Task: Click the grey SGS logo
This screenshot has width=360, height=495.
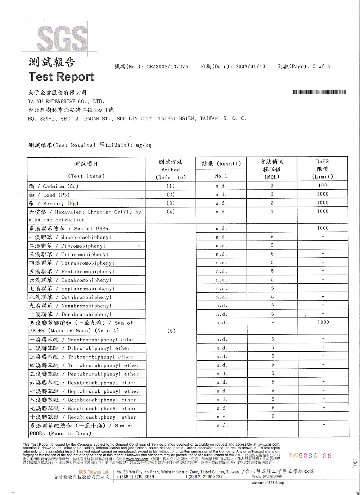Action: [62, 38]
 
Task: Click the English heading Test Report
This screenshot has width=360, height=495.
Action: [61, 77]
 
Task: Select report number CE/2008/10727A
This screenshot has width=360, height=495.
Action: [167, 67]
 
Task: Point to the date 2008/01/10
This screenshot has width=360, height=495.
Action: [250, 67]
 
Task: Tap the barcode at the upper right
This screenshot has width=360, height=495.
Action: [319, 92]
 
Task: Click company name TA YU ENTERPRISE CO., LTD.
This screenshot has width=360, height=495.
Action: [66, 102]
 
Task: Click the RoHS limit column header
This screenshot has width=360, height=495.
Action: [323, 169]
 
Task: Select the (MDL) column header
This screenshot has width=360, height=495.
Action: [272, 177]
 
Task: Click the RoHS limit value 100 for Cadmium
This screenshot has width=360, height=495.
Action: [323, 185]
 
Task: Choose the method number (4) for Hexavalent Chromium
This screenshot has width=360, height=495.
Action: [171, 212]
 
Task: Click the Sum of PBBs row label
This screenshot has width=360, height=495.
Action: [69, 229]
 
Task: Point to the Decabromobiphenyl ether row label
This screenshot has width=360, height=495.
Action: [83, 417]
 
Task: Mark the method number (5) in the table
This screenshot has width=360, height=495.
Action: [171, 331]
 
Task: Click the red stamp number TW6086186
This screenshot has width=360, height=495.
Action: [310, 456]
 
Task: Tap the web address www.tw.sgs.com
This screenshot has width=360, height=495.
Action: [267, 476]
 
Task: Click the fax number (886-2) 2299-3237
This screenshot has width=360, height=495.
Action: [204, 477]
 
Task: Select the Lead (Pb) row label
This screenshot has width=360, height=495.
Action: [49, 195]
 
